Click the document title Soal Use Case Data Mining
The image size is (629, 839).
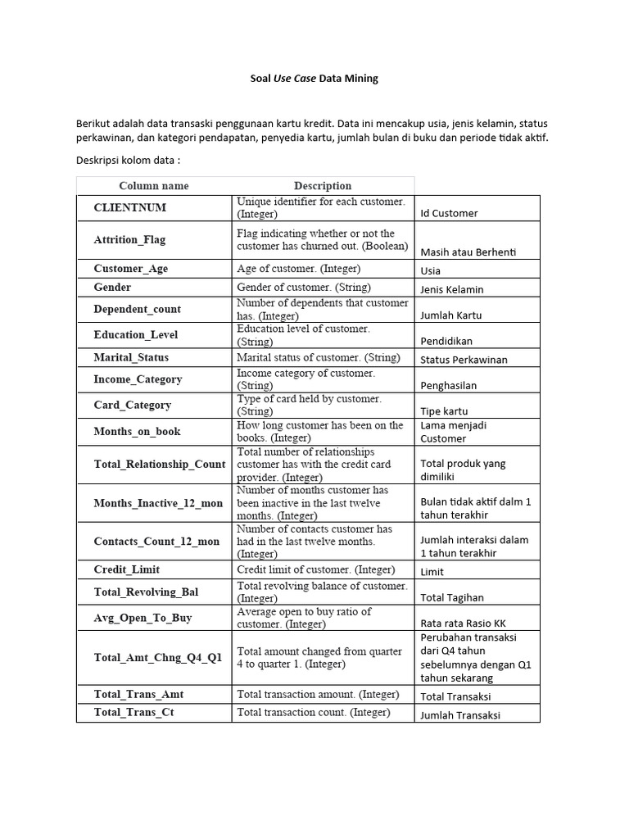pyautogui.click(x=314, y=79)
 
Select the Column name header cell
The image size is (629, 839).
pyautogui.click(x=154, y=186)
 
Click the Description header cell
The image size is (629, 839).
pyautogui.click(x=323, y=186)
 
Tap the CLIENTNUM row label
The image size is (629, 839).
pyautogui.click(x=130, y=208)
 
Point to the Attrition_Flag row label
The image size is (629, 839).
pyautogui.click(x=129, y=240)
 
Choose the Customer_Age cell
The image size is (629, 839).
pyautogui.click(x=131, y=269)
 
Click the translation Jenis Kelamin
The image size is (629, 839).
pyautogui.click(x=452, y=289)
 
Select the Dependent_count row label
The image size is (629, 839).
pyautogui.click(x=138, y=309)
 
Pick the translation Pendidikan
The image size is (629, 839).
pyautogui.click(x=446, y=341)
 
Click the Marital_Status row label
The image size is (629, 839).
pyautogui.click(x=131, y=357)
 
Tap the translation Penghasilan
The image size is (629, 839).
pyautogui.click(x=448, y=385)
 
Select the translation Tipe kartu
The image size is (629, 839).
pyautogui.click(x=444, y=411)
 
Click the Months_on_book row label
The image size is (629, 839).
pyautogui.click(x=138, y=432)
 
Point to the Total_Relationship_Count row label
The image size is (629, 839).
pyautogui.click(x=160, y=464)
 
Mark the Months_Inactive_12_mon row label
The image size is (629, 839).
pyautogui.click(x=158, y=503)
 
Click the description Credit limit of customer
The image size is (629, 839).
pyautogui.click(x=316, y=569)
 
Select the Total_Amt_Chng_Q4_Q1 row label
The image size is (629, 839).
pyautogui.click(x=158, y=657)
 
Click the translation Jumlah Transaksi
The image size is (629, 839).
pyautogui.click(x=459, y=714)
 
